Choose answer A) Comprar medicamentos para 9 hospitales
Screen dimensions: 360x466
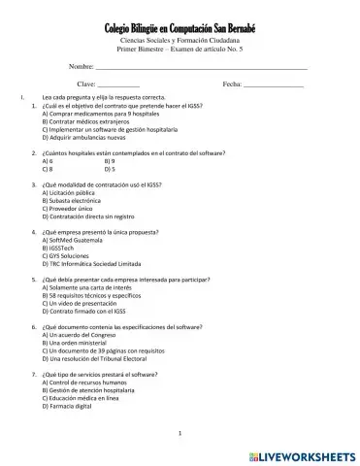103,114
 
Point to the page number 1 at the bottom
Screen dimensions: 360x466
180,433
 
